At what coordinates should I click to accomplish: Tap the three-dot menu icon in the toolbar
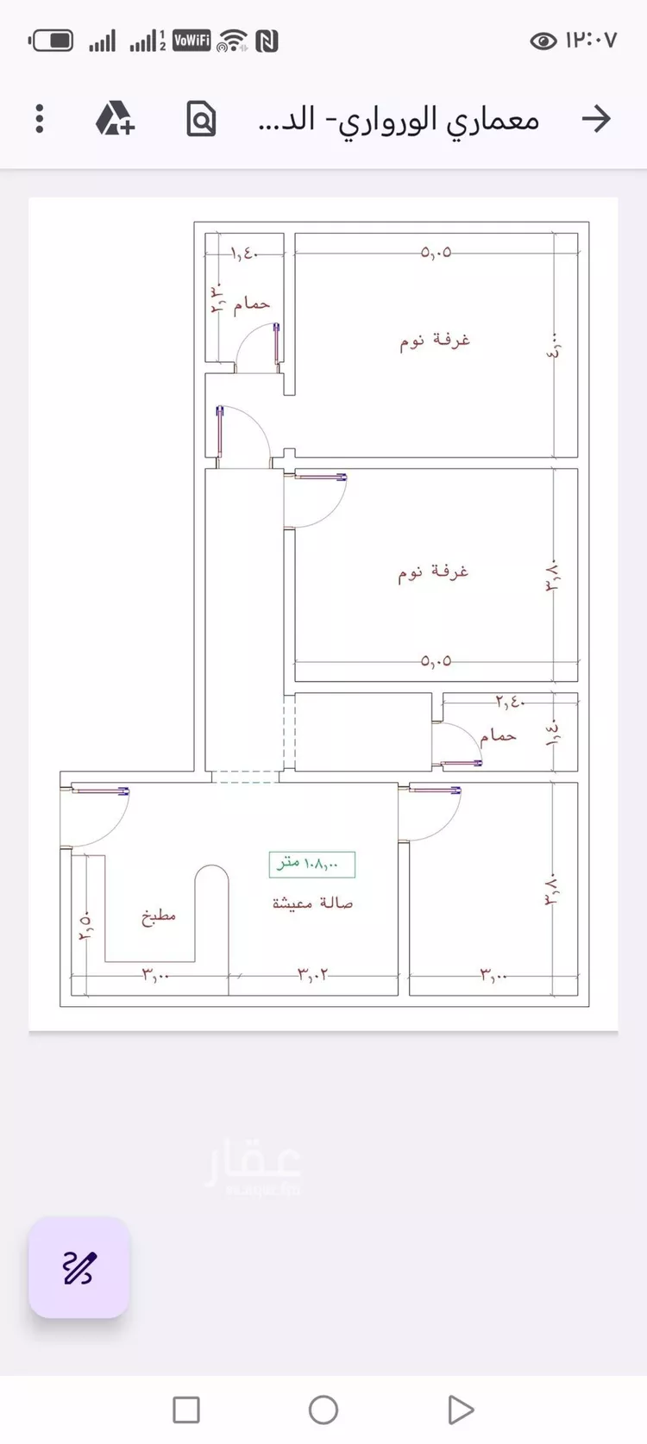pos(40,118)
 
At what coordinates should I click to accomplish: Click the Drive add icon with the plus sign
pos(115,118)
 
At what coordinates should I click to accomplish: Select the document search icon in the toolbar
pos(201,119)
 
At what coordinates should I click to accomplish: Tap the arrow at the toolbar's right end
pos(596,118)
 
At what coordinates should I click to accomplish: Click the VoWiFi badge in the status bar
pos(192,40)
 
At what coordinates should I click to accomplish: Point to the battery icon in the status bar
pos(52,41)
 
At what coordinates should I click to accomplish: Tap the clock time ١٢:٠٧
pos(591,41)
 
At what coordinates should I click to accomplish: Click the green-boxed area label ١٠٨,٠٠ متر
pos(311,864)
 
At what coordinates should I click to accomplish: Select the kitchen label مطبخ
pos(159,916)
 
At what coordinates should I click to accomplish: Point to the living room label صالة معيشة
pos(312,903)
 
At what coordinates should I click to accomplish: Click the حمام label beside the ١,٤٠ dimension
pos(252,303)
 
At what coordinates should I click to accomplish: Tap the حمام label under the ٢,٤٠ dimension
pos(498,735)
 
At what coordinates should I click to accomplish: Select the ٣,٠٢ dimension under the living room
pos(313,974)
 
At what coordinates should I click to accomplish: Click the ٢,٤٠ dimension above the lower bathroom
pos(510,702)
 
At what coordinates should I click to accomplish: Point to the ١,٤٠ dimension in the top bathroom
pos(244,253)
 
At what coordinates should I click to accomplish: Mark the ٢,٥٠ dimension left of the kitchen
pos(85,926)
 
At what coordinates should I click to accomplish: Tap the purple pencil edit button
pos(79,1267)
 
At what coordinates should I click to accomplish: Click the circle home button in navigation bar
pos(323,1410)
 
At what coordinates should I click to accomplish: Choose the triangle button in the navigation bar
pos(460,1410)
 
